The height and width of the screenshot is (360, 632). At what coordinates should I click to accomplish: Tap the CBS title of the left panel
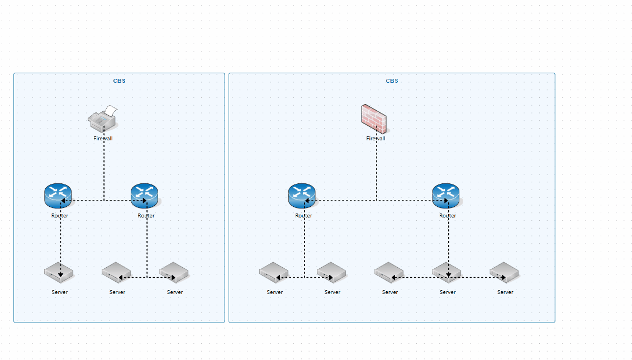pyautogui.click(x=119, y=80)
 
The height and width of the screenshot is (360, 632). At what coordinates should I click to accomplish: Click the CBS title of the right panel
pyautogui.click(x=392, y=80)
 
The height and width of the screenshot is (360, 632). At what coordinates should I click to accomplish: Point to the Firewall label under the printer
pyautogui.click(x=103, y=138)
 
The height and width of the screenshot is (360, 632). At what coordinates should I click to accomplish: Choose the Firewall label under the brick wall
pyautogui.click(x=376, y=138)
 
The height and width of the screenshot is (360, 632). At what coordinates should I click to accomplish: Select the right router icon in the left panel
pyautogui.click(x=145, y=196)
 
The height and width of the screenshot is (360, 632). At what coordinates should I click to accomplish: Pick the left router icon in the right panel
pyautogui.click(x=302, y=196)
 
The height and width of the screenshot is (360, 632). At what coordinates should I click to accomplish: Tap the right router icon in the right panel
pyautogui.click(x=446, y=196)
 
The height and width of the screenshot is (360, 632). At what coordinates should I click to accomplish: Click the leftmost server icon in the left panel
pyautogui.click(x=59, y=272)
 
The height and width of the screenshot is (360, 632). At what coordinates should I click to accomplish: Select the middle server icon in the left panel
pyautogui.click(x=116, y=272)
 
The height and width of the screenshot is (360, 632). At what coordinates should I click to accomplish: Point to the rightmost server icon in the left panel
pyautogui.click(x=174, y=272)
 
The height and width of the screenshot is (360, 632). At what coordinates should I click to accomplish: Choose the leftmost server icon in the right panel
pyautogui.click(x=274, y=272)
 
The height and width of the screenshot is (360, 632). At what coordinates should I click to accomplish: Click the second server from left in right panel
pyautogui.click(x=331, y=272)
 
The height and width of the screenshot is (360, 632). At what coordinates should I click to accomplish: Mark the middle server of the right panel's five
pyautogui.click(x=389, y=272)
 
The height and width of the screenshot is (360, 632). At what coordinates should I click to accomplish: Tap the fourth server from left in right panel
pyautogui.click(x=446, y=272)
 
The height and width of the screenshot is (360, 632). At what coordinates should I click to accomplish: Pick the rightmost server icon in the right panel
pyautogui.click(x=504, y=272)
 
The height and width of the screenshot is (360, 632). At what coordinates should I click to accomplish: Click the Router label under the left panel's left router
pyautogui.click(x=60, y=215)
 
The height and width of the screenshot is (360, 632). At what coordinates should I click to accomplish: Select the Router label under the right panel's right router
pyautogui.click(x=448, y=215)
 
